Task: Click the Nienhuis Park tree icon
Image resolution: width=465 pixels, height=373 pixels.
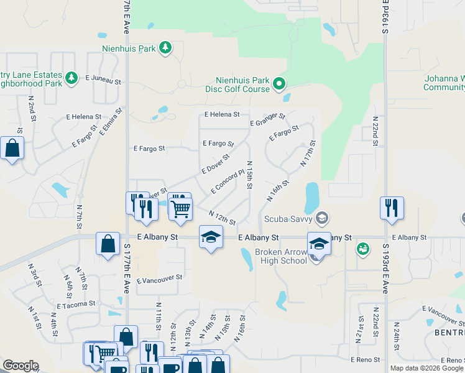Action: [x=165, y=48]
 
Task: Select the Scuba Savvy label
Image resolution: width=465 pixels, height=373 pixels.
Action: [x=288, y=218]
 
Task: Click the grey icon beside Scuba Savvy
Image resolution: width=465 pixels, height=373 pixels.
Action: [x=321, y=218]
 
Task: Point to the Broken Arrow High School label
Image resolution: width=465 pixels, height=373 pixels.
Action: [x=281, y=256]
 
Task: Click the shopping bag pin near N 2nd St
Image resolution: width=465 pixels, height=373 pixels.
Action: [x=12, y=149]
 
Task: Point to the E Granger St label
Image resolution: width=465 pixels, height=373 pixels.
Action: [x=267, y=120]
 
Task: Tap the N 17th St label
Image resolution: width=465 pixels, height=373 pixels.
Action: [x=308, y=153]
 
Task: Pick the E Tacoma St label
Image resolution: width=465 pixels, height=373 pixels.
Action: [x=76, y=305]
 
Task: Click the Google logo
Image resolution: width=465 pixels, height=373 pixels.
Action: [x=21, y=366]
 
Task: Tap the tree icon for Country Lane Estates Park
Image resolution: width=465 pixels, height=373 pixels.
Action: [x=72, y=77]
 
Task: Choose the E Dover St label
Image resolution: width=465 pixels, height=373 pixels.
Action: [x=215, y=164]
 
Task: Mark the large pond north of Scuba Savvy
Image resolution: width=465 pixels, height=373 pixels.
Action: [x=312, y=197]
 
